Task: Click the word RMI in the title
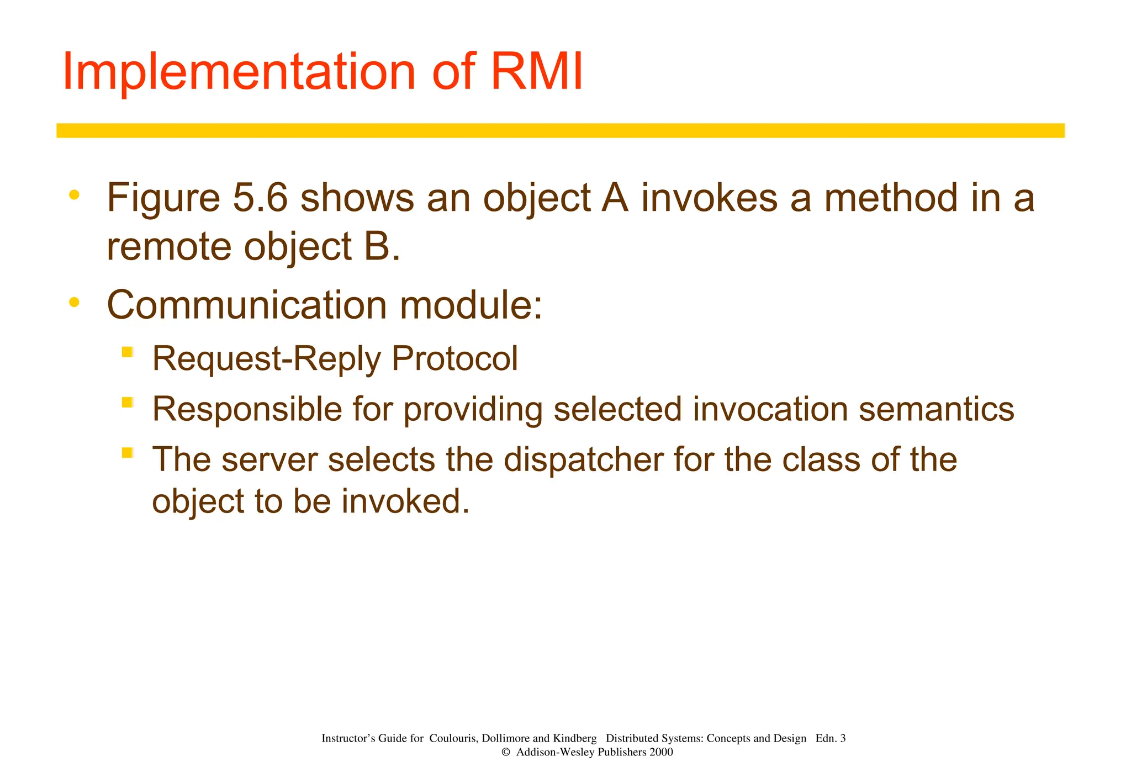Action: pyautogui.click(x=536, y=72)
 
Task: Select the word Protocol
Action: pyautogui.click(x=454, y=358)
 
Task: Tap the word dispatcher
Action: pyautogui.click(x=583, y=459)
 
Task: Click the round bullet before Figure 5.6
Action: pyautogui.click(x=74, y=195)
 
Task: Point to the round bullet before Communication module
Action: pyautogui.click(x=74, y=302)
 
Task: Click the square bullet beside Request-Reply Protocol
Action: pyautogui.click(x=128, y=352)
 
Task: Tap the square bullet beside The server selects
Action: pyautogui.click(x=128, y=453)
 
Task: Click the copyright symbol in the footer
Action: pyautogui.click(x=505, y=752)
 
